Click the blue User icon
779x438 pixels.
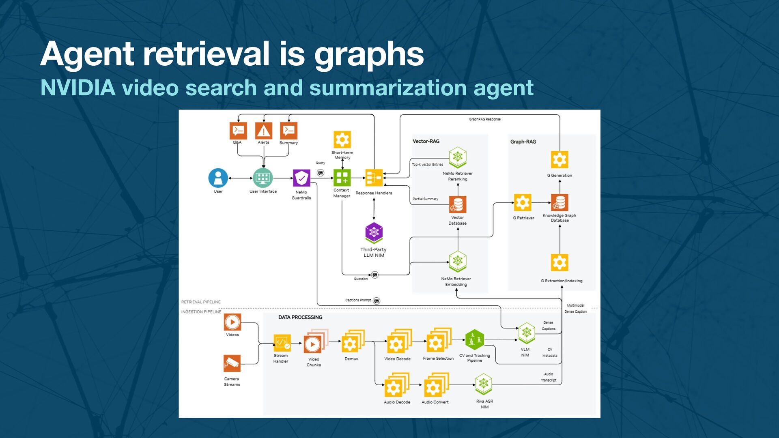click(218, 178)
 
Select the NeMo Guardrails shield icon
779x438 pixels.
click(301, 178)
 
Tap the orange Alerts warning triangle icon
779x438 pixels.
click(264, 131)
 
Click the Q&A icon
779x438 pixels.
click(238, 131)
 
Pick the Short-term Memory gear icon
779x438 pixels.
click(342, 140)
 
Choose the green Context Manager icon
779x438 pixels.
click(342, 178)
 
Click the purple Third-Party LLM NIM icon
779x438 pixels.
click(374, 232)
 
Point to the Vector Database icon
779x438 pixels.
click(458, 204)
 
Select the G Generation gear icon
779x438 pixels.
click(560, 159)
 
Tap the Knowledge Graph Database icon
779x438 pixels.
click(560, 202)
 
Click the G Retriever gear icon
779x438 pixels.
click(523, 202)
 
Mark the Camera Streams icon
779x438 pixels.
click(232, 363)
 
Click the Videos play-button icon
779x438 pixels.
click(232, 322)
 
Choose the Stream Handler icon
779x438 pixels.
click(282, 343)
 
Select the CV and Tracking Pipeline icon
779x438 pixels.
click(474, 339)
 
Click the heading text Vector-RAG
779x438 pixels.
click(426, 141)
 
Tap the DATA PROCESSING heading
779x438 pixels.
click(300, 317)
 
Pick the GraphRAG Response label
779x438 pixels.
click(485, 119)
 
